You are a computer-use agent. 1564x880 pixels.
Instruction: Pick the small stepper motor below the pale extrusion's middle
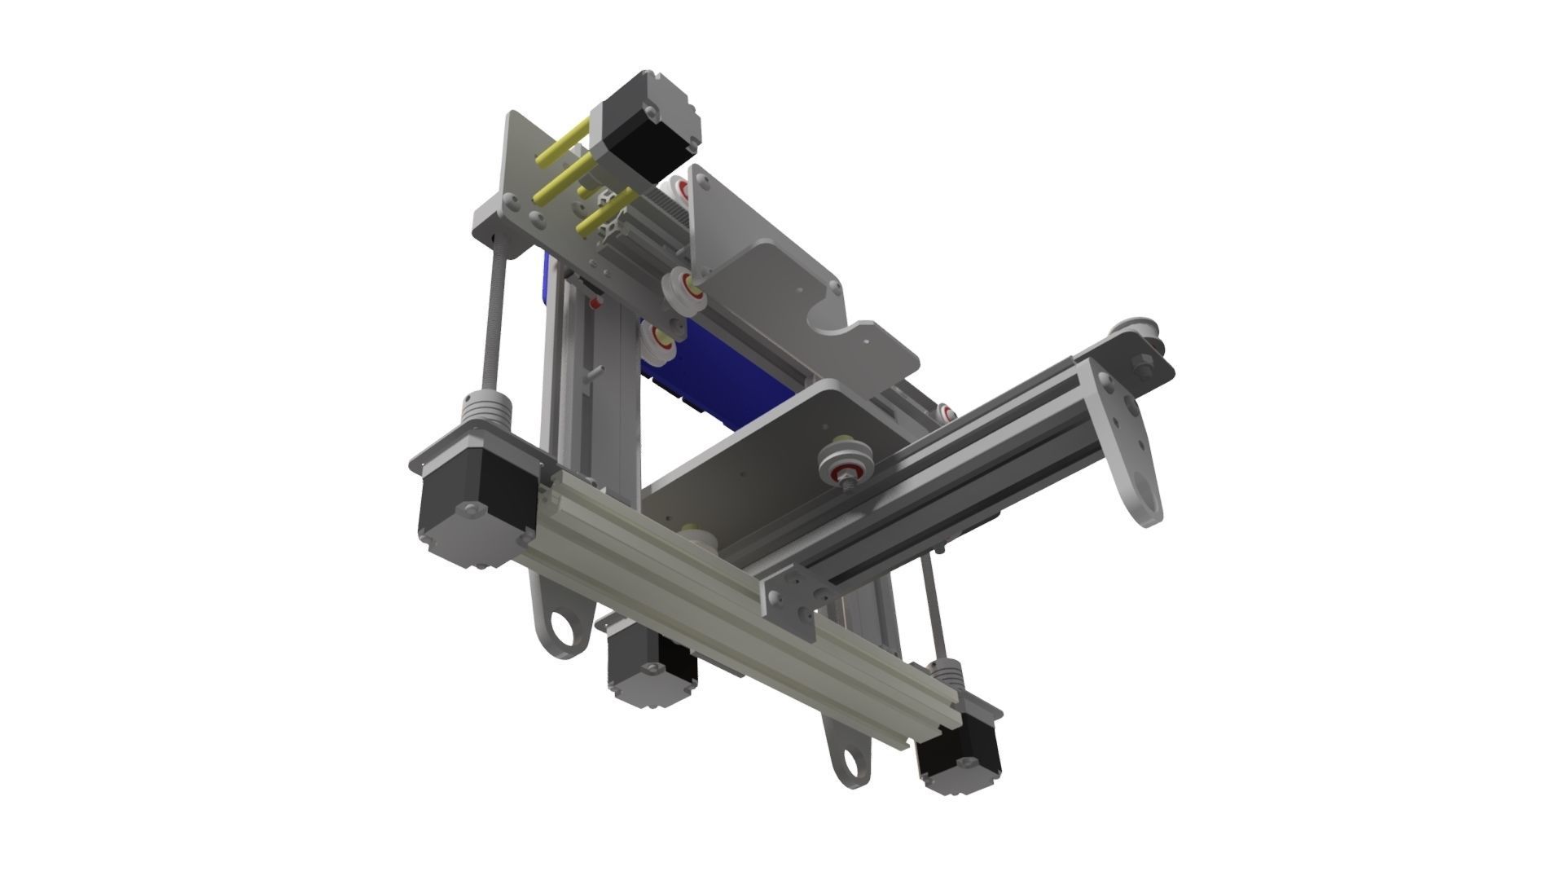(x=652, y=664)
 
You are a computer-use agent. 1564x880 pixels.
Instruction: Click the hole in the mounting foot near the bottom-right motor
(x=849, y=764)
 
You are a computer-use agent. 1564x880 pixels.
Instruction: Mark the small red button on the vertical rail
(x=595, y=304)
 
